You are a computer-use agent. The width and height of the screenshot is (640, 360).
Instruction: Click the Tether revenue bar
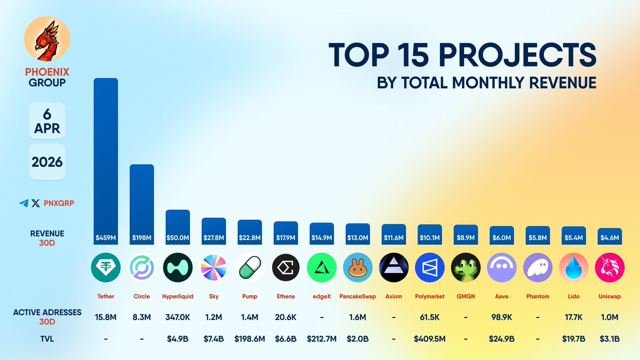click(x=106, y=155)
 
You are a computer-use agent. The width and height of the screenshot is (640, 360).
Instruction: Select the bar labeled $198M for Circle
click(x=142, y=197)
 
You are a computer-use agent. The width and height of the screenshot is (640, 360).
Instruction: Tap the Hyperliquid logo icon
click(x=178, y=267)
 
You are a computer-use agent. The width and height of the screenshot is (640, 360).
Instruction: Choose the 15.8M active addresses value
click(x=106, y=317)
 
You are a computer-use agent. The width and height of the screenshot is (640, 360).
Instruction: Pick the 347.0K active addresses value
click(x=178, y=317)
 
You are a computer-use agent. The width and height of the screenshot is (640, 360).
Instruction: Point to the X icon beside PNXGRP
click(x=36, y=203)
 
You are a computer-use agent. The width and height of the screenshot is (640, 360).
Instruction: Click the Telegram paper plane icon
click(x=23, y=203)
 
